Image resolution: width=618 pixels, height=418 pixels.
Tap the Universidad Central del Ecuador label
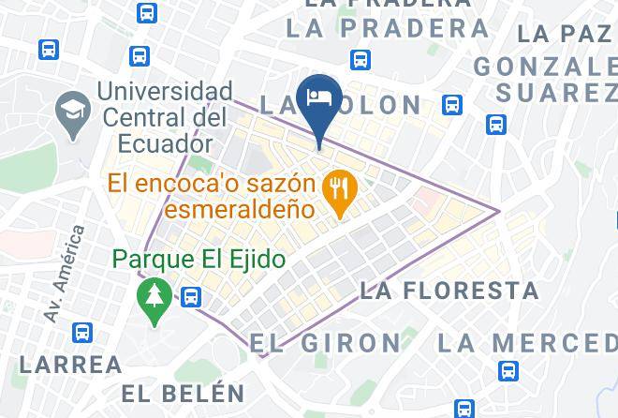click(x=165, y=119)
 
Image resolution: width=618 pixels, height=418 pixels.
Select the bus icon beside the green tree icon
click(x=192, y=297)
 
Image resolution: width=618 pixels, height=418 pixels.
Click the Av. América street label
click(x=63, y=273)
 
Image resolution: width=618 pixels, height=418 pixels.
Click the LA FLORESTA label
click(x=449, y=291)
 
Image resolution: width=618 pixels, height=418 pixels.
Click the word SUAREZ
click(x=555, y=93)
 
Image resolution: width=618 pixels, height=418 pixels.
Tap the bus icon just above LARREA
click(x=83, y=332)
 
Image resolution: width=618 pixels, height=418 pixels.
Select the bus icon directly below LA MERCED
click(x=508, y=370)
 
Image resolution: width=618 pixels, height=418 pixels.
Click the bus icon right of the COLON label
click(x=453, y=104)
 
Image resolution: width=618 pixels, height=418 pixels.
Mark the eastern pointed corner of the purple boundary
click(x=500, y=210)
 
